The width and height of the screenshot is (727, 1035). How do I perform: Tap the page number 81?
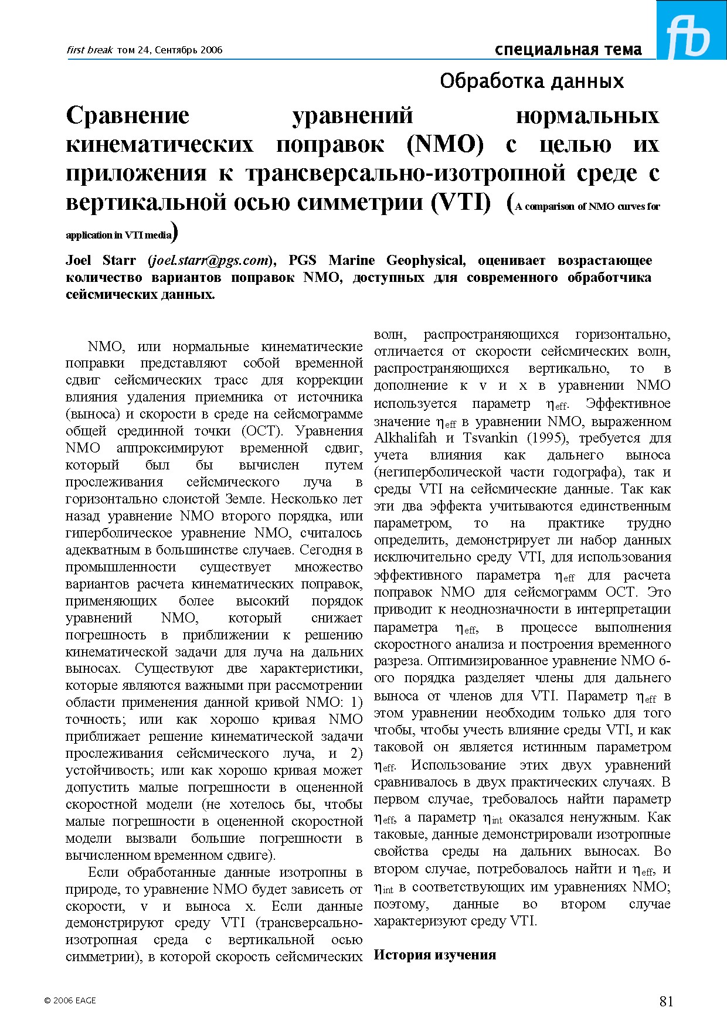coord(666,1001)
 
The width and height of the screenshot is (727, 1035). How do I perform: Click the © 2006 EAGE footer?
coord(70,1000)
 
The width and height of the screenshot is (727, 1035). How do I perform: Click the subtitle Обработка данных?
coord(532,81)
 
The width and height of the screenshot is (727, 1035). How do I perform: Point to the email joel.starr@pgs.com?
coord(210,260)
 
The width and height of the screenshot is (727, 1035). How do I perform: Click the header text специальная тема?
coord(568,50)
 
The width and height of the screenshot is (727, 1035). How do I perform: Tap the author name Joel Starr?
coord(101,260)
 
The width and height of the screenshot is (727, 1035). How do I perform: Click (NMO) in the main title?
coord(445,144)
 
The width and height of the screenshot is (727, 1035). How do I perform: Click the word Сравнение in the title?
coord(128,115)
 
